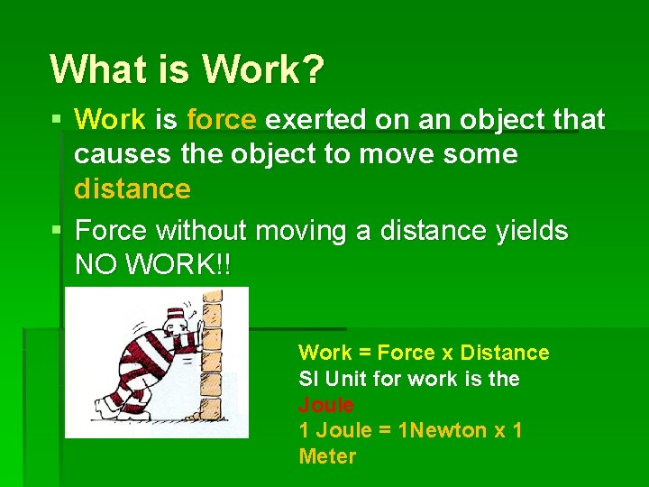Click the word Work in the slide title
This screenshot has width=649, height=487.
[262, 69]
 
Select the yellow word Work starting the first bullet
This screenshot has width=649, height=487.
[109, 119]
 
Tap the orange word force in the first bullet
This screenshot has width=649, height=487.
[222, 119]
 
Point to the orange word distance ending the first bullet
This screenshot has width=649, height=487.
[133, 189]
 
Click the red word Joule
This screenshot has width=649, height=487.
[325, 405]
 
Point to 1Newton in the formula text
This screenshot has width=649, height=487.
[447, 430]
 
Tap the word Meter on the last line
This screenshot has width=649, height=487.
[327, 456]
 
